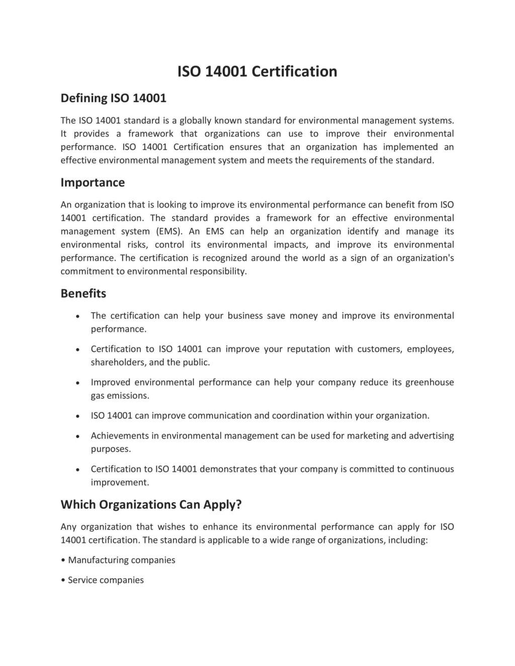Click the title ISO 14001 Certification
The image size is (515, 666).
click(257, 71)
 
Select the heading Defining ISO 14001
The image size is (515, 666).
click(113, 98)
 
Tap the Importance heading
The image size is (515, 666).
click(93, 182)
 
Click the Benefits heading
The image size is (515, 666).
click(83, 294)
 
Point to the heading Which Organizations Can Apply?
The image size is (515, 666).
click(151, 505)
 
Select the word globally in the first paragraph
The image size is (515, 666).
click(196, 120)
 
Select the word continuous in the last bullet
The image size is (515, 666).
click(431, 469)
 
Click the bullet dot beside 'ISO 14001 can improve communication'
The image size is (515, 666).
click(77, 416)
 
